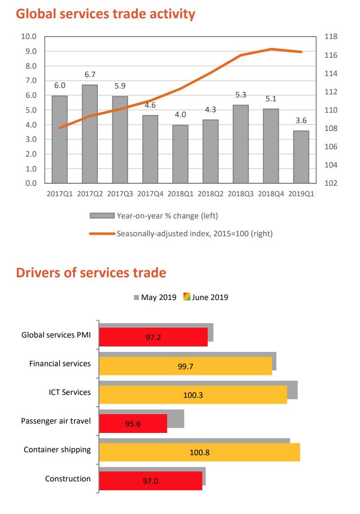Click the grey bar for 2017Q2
[x=90, y=134]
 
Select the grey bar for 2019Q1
[x=301, y=157]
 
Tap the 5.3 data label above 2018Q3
[x=241, y=95]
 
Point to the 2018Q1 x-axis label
[x=181, y=194]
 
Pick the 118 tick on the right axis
[x=330, y=37]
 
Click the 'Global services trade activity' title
[x=105, y=14]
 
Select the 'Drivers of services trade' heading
[x=91, y=272]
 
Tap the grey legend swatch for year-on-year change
[x=102, y=215]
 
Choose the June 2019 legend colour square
[x=187, y=297]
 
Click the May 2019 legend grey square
[x=136, y=297]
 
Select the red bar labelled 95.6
[x=133, y=423]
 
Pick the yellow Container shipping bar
[x=199, y=452]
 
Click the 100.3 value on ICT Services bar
[x=193, y=395]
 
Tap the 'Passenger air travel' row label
[x=56, y=421]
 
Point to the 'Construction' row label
[x=68, y=478]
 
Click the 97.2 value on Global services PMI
[x=153, y=337]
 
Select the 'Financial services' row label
[x=60, y=364]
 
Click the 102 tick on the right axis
[x=330, y=183]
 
